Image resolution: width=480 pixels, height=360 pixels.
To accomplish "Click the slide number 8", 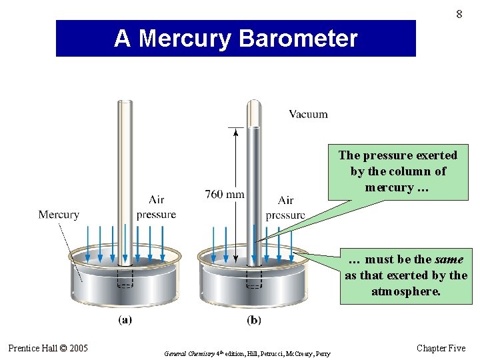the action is [459, 13].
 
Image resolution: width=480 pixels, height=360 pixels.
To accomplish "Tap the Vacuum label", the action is [308, 114].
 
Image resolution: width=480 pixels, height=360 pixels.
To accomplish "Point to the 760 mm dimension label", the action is [225, 195].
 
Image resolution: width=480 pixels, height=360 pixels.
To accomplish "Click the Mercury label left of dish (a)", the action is [59, 215].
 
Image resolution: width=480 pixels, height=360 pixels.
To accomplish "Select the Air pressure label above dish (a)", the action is [156, 207].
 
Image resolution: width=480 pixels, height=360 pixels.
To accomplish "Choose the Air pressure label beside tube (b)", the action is [285, 208].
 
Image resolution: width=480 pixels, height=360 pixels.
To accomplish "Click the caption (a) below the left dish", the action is [125, 320].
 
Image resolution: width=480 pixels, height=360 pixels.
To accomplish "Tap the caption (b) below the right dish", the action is [254, 320].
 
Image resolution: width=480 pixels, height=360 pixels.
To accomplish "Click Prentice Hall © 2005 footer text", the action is [48, 348].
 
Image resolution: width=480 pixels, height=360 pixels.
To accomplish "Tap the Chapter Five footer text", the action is [441, 348].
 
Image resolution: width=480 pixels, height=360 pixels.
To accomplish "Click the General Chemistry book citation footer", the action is [247, 353].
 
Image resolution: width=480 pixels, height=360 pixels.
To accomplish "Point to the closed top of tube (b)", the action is [254, 103].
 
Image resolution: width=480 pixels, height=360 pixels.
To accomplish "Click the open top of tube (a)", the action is [125, 102].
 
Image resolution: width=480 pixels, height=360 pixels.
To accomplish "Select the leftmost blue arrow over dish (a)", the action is [88, 244].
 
